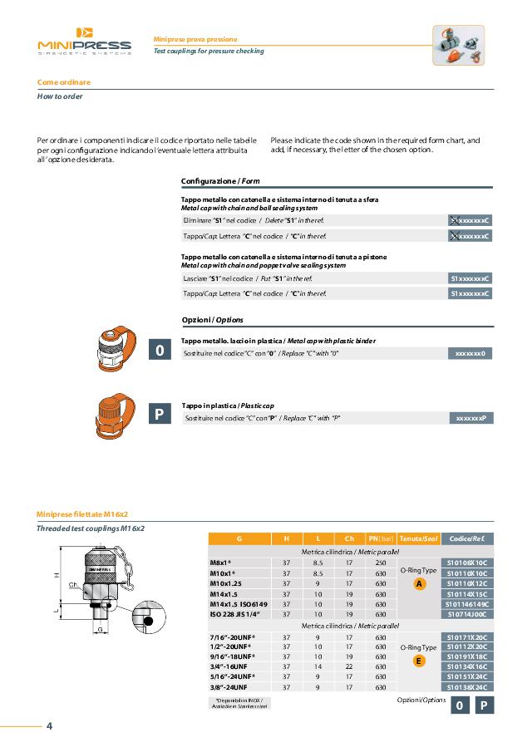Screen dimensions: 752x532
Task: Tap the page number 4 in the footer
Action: (x=49, y=726)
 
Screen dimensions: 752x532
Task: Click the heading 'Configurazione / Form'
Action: (x=220, y=180)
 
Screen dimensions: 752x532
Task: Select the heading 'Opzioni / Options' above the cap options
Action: (x=212, y=320)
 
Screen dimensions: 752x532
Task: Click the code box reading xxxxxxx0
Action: (x=470, y=353)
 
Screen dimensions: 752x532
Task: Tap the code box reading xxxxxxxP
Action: (x=470, y=417)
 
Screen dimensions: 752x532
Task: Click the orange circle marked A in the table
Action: (x=419, y=583)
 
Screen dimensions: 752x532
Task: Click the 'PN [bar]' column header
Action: (x=381, y=538)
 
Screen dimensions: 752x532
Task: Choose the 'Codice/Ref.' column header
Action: (x=467, y=538)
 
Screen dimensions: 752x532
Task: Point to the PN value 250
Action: (x=381, y=563)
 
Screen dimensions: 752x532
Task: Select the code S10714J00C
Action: (x=467, y=614)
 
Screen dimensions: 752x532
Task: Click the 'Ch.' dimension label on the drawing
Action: (x=74, y=585)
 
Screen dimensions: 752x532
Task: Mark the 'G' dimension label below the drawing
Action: (x=100, y=629)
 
